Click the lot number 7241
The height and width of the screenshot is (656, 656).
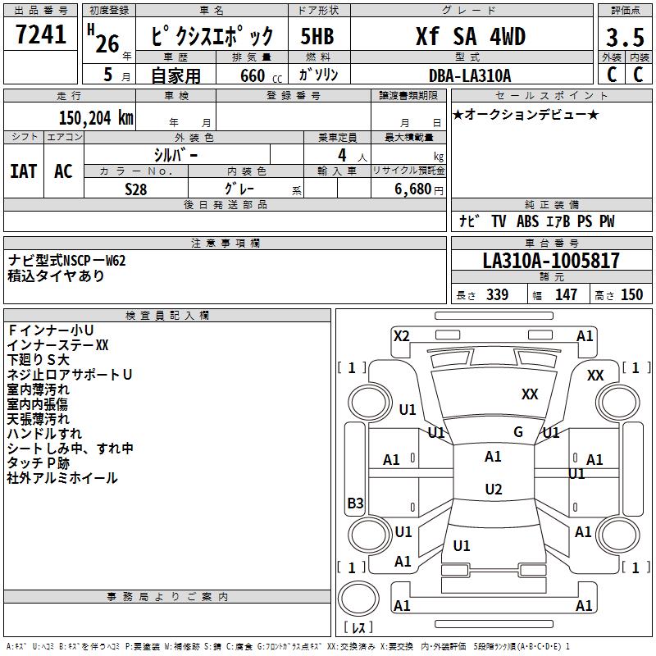(41, 36)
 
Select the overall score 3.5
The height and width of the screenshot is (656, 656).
(625, 38)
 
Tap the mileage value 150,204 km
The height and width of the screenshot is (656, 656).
(96, 117)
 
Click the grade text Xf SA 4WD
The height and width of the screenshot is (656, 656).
(471, 37)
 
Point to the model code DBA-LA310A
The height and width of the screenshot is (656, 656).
(469, 75)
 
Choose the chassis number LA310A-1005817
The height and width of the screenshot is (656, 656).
(551, 262)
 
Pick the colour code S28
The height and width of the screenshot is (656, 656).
(136, 189)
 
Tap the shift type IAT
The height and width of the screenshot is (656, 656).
(24, 171)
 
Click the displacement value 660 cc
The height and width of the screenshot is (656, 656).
(252, 76)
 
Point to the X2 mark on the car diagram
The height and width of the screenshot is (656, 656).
(402, 335)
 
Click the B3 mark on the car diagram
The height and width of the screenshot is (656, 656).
(355, 503)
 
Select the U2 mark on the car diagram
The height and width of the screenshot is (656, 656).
(493, 490)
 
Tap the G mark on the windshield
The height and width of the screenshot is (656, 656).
(518, 432)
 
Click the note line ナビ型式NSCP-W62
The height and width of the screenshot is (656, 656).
(67, 261)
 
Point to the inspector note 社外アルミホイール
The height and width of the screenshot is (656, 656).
(62, 478)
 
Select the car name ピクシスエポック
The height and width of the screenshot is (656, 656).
(213, 38)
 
